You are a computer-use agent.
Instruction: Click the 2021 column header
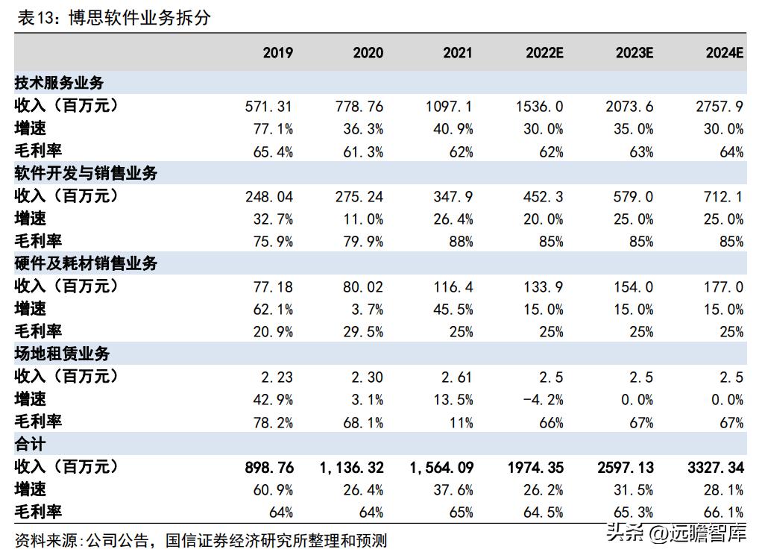pyautogui.click(x=457, y=52)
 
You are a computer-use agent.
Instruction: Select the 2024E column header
pyautogui.click(x=724, y=52)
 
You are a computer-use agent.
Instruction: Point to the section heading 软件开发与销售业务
pyautogui.click(x=86, y=173)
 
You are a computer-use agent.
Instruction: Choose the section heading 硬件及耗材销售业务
pyautogui.click(x=86, y=263)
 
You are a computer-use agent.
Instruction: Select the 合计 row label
pyautogui.click(x=31, y=444)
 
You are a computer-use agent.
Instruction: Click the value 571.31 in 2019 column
pyautogui.click(x=268, y=106)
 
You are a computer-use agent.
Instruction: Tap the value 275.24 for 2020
pyautogui.click(x=359, y=196)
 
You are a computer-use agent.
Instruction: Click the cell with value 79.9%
pyautogui.click(x=363, y=241)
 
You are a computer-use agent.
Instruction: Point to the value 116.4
pyautogui.click(x=453, y=286)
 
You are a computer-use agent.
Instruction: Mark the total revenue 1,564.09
pyautogui.click(x=441, y=467)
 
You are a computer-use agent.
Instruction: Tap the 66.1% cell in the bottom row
pyautogui.click(x=724, y=512)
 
